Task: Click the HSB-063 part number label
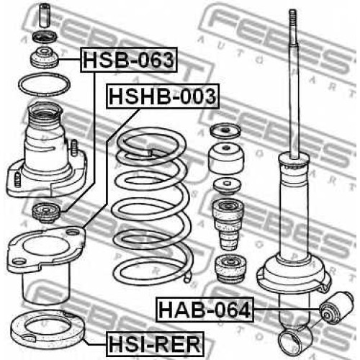(x=129, y=60)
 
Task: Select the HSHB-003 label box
(x=163, y=96)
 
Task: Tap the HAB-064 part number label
(x=204, y=310)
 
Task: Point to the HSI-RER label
(x=155, y=344)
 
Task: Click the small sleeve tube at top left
(x=44, y=15)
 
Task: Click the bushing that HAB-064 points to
(x=336, y=308)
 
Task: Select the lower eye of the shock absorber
(x=294, y=340)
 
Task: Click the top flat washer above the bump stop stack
(x=225, y=131)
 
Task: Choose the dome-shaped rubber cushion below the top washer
(x=226, y=158)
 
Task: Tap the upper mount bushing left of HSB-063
(x=45, y=58)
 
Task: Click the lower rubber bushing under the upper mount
(x=46, y=212)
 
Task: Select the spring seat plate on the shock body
(x=294, y=276)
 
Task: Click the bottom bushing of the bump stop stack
(x=230, y=268)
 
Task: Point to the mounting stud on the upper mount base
(x=74, y=148)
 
